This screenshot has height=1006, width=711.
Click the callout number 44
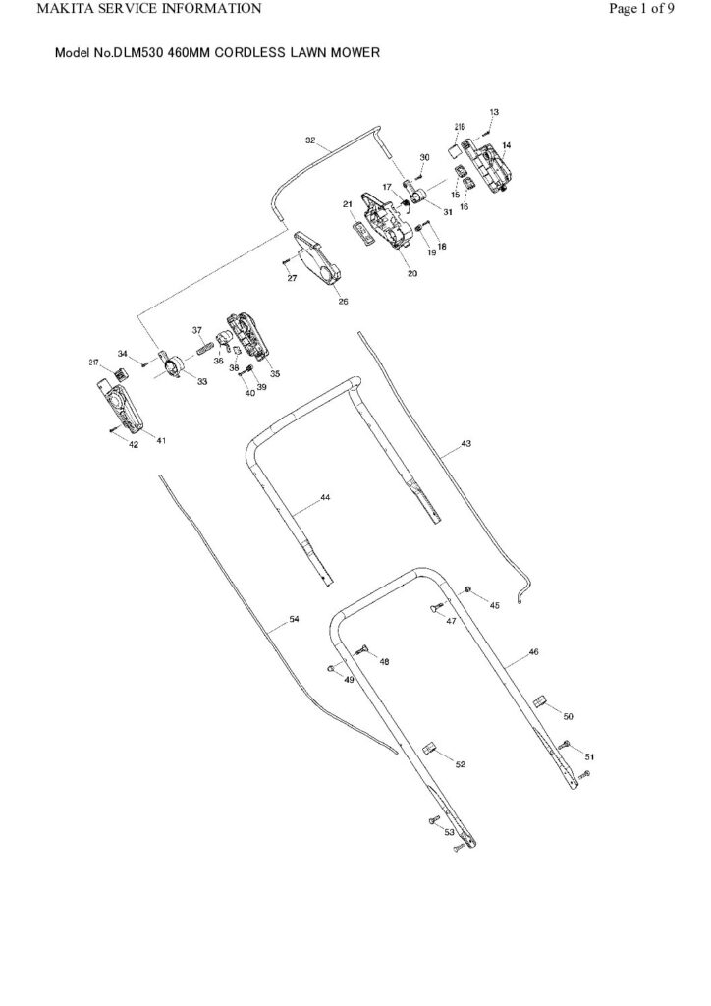325,499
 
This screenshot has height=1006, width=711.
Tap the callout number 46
533,651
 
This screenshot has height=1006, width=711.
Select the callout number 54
295,619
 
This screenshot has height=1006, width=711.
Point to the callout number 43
465,444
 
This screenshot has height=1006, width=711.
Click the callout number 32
310,141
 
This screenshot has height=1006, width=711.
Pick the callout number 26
344,302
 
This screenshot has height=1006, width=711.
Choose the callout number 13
494,113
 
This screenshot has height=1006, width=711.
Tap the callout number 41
161,440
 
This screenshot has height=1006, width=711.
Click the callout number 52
460,763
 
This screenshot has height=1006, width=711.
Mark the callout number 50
568,716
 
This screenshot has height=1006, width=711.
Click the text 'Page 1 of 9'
641,9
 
